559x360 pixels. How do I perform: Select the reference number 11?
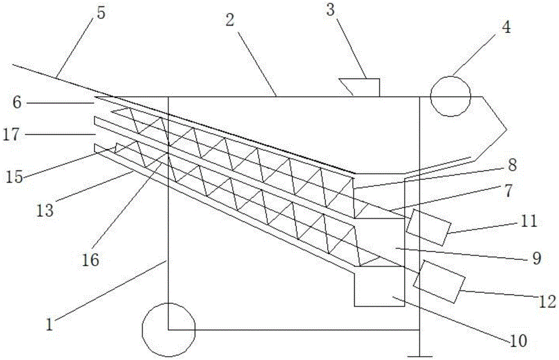pyautogui.click(x=528, y=221)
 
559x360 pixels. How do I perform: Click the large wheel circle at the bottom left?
pyautogui.click(x=168, y=330)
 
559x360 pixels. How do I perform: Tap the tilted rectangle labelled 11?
pyautogui.click(x=428, y=227)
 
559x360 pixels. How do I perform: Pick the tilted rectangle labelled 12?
pyautogui.click(x=439, y=281)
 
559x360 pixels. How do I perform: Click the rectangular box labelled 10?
pyautogui.click(x=379, y=291)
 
